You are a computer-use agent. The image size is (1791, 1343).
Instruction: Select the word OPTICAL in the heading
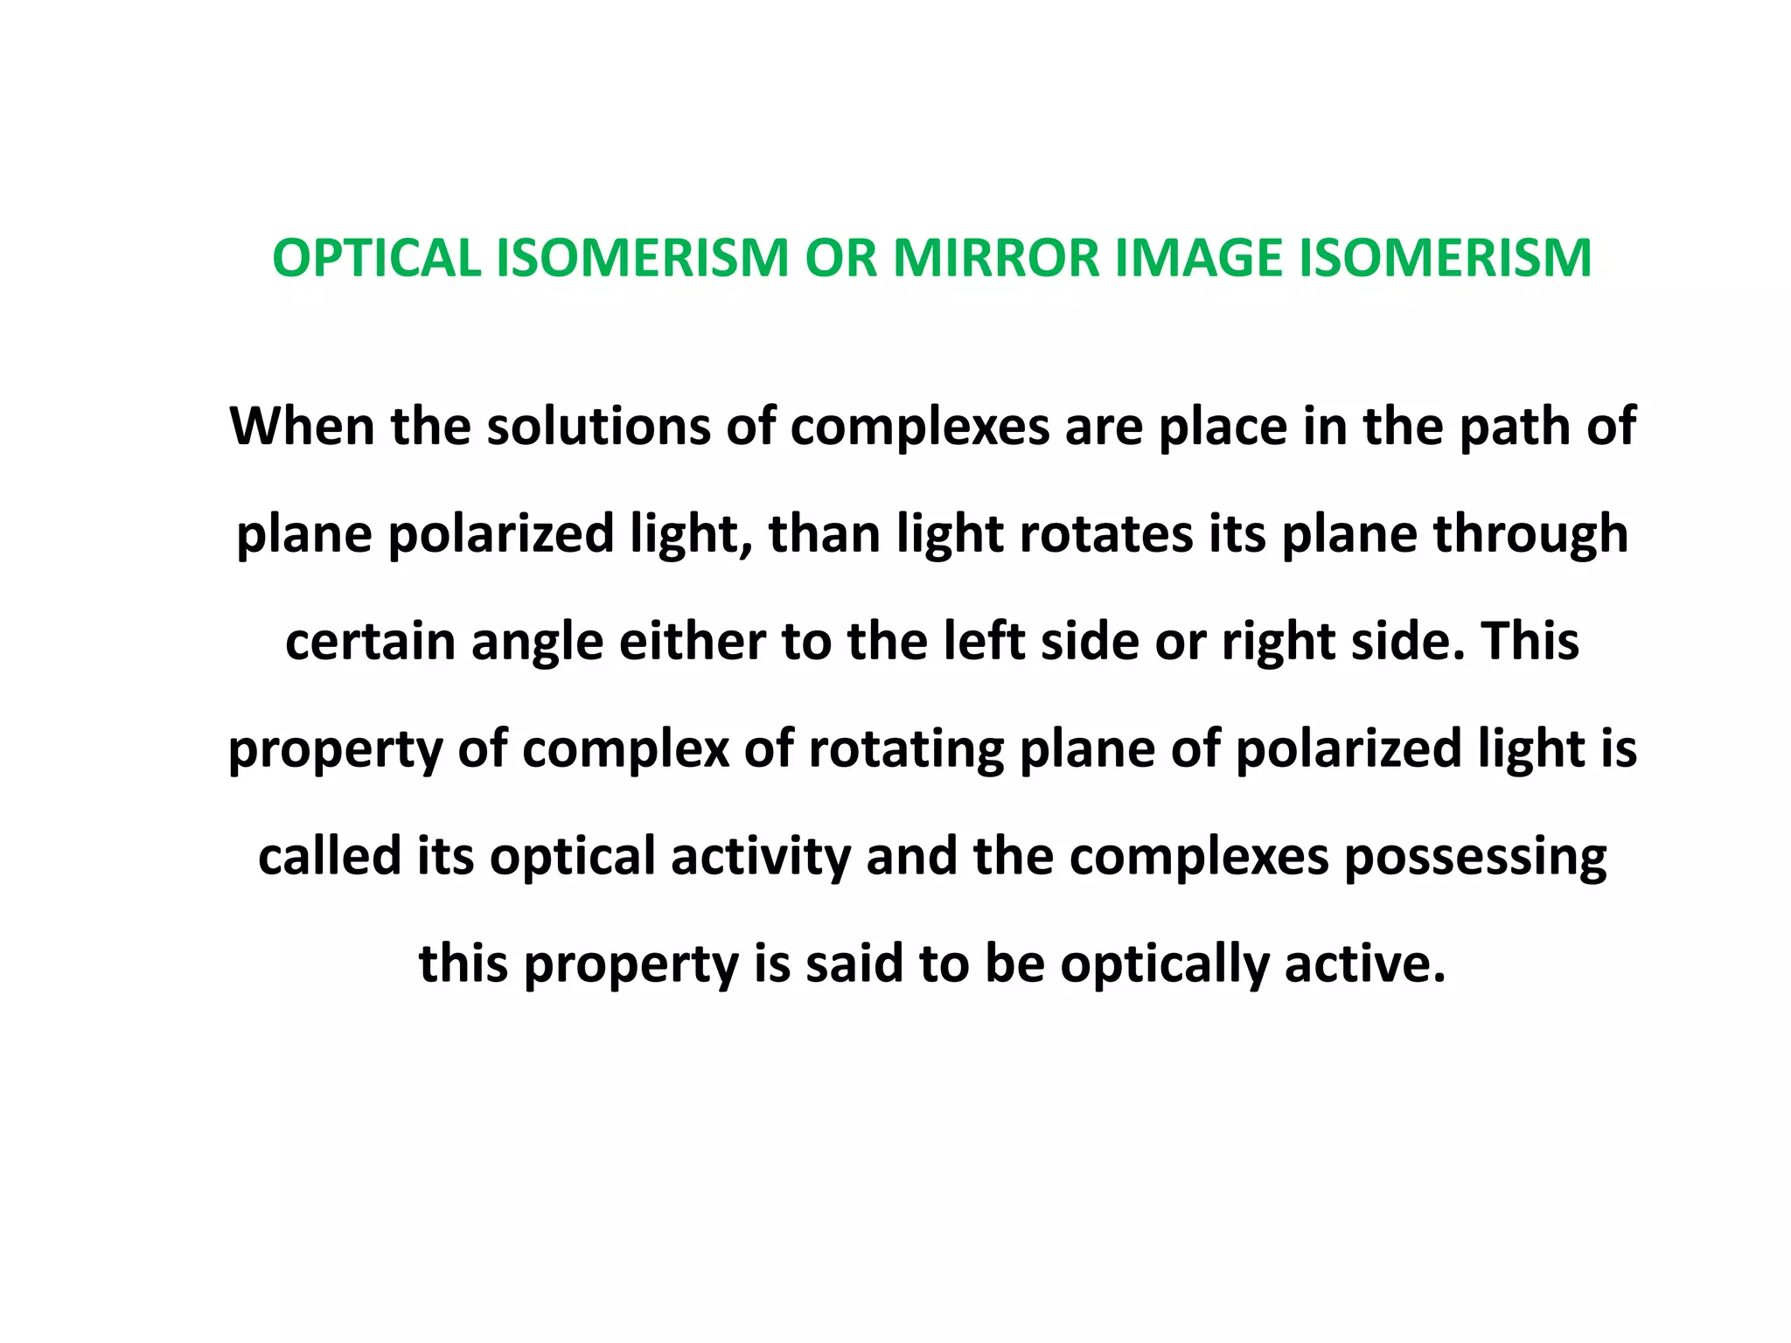(x=376, y=259)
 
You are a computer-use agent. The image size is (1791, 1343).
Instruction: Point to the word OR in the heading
(x=840, y=259)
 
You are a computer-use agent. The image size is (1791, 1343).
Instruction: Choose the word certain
(x=370, y=642)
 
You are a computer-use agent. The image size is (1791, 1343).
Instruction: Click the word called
(x=329, y=857)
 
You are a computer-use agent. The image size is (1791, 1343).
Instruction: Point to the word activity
(x=761, y=857)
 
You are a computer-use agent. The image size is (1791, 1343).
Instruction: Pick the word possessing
(x=1475, y=857)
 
